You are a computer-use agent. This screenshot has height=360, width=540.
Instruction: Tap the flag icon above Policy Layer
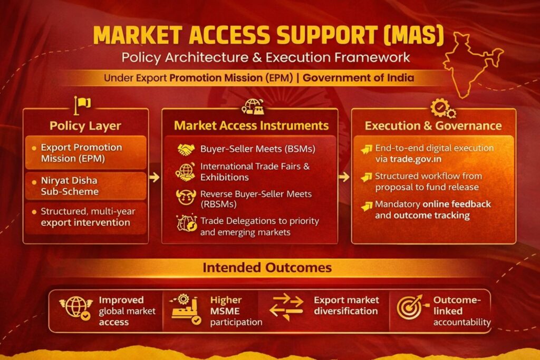point(82,105)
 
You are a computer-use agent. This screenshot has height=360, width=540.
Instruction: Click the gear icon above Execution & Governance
point(443,109)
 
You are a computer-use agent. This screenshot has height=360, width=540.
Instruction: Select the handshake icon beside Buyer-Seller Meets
point(186,149)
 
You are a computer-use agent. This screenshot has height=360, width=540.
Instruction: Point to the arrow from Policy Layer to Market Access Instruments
point(155,177)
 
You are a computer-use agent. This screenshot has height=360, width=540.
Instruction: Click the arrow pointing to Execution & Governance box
point(344,177)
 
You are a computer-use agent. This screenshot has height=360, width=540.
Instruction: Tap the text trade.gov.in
point(416,159)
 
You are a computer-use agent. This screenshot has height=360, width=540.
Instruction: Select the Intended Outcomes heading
point(267,267)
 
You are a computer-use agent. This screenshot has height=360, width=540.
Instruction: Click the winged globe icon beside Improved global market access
point(76,307)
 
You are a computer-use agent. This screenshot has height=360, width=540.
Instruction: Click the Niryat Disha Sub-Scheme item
point(70,186)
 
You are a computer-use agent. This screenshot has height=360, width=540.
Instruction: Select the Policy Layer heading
point(85,125)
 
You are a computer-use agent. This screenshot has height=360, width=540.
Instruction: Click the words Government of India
point(358,78)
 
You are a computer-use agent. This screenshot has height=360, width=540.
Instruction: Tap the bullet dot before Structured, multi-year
point(34,212)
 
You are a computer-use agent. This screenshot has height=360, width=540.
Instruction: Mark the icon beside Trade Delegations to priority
point(187,223)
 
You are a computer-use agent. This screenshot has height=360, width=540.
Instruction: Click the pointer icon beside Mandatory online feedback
point(367,206)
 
